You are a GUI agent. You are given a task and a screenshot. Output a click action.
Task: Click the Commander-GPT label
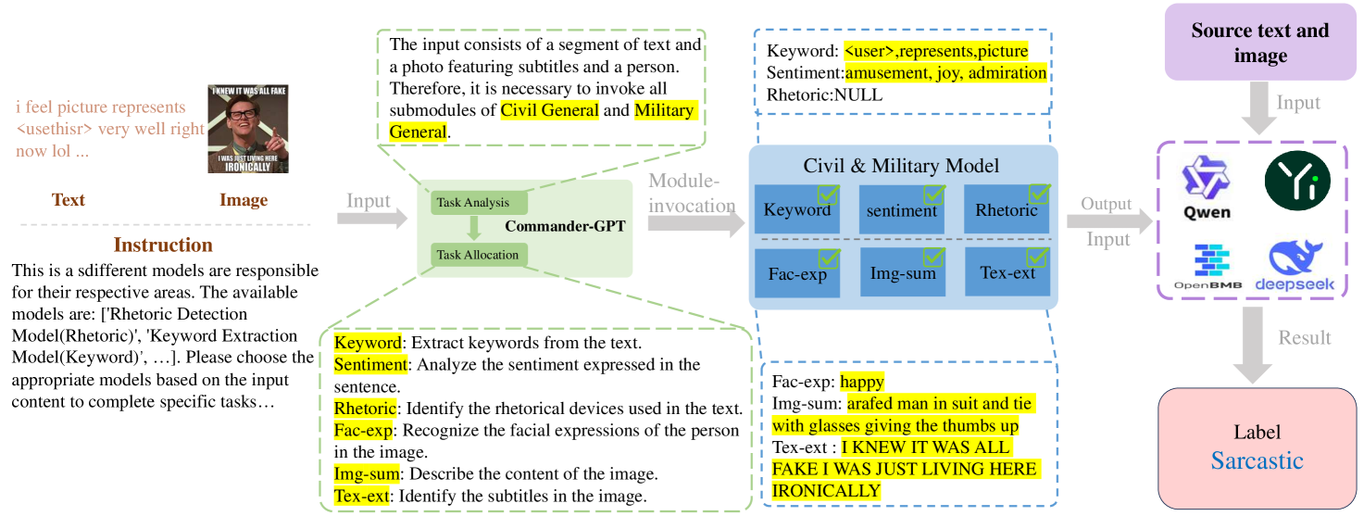point(565,226)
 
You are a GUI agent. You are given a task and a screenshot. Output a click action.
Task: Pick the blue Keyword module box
point(797,208)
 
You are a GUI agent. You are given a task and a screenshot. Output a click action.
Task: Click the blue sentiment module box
point(902,208)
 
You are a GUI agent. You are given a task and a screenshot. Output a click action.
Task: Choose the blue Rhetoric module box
point(1007,208)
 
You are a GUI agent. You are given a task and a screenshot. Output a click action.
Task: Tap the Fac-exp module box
point(797,272)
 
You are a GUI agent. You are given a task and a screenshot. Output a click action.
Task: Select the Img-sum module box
point(902,272)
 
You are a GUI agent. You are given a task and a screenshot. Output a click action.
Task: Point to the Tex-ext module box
point(1007,272)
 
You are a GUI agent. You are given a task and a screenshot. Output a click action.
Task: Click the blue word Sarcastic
point(1257,460)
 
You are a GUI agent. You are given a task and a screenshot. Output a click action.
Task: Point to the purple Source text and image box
point(1259,43)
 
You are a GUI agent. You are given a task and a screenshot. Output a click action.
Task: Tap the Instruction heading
point(163,245)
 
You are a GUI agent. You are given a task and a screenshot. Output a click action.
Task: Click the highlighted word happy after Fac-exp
point(862,382)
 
